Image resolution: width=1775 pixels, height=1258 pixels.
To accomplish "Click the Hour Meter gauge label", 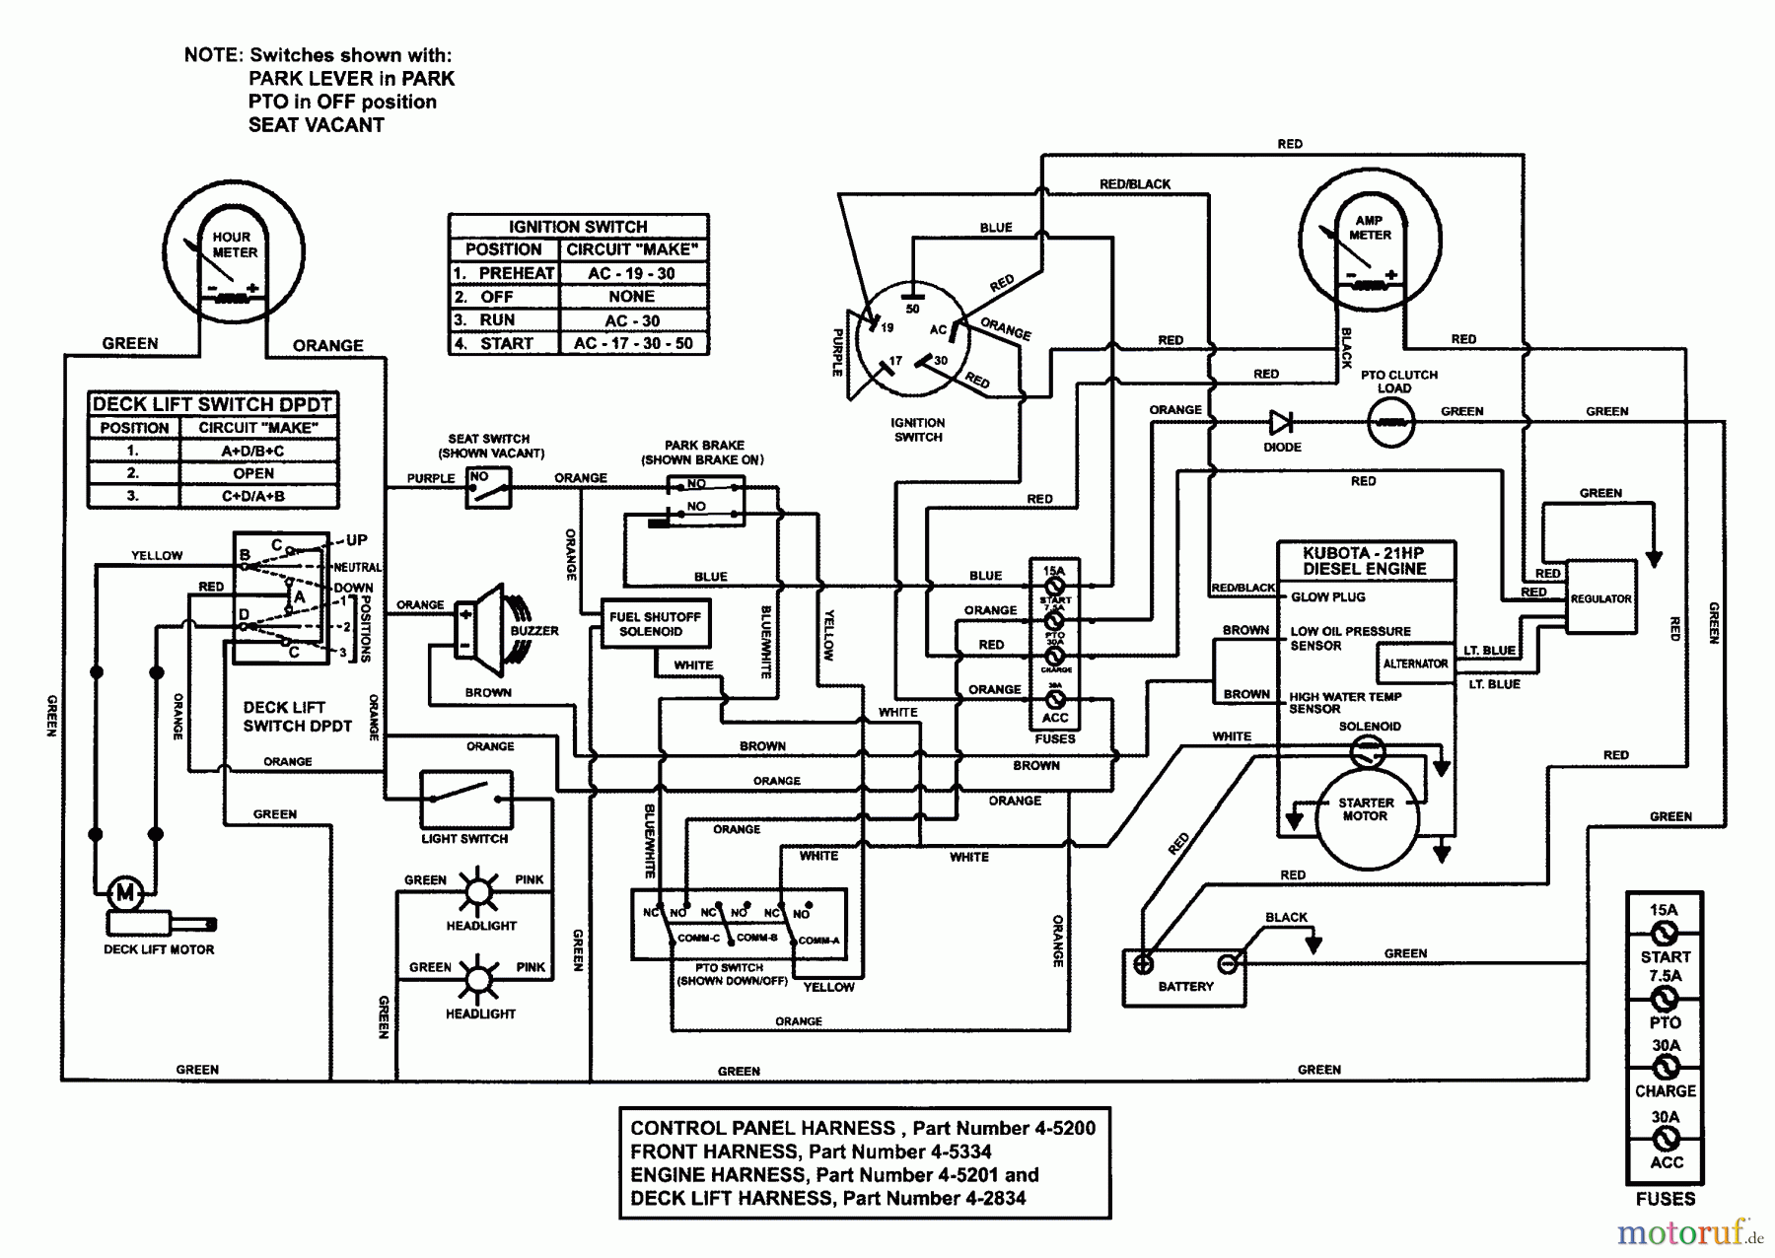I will point(234,245).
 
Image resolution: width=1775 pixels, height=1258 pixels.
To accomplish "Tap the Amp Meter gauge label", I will point(1370,228).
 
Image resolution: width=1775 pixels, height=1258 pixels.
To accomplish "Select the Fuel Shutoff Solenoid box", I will point(656,624).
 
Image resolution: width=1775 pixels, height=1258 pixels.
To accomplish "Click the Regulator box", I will point(1600,598).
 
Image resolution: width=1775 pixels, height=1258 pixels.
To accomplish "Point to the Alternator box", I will point(1415,664).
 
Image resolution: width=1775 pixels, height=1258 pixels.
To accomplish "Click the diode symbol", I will point(1281,423).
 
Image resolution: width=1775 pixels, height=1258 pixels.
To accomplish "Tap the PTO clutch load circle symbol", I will point(1390,424).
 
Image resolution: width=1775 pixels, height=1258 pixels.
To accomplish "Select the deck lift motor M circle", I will point(125,894).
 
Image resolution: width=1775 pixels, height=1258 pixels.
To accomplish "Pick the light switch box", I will point(466,799).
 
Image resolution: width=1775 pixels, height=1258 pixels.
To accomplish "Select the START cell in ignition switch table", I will point(506,344).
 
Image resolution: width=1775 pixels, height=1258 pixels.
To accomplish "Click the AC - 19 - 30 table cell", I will point(632,273).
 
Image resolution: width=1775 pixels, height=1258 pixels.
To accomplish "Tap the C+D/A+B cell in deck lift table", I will point(253,496).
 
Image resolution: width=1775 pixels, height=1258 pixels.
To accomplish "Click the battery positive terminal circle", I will point(1143,964).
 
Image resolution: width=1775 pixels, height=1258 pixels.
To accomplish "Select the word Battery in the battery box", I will point(1185,986).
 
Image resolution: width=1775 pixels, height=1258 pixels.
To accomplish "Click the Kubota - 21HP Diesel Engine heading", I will point(1365,561).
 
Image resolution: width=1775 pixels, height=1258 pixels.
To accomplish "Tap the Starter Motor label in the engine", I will point(1365,809).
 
